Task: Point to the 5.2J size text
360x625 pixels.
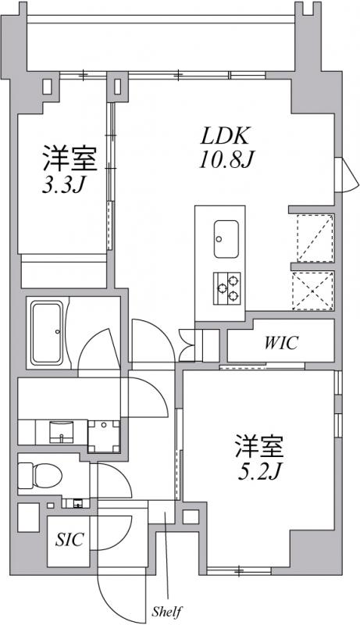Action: pyautogui.click(x=258, y=473)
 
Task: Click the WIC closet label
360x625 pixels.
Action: pyautogui.click(x=280, y=344)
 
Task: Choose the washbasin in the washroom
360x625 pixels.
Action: pyautogui.click(x=59, y=430)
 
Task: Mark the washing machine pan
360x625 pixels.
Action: pyautogui.click(x=103, y=434)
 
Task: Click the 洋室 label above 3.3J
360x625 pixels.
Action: pyautogui.click(x=69, y=159)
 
